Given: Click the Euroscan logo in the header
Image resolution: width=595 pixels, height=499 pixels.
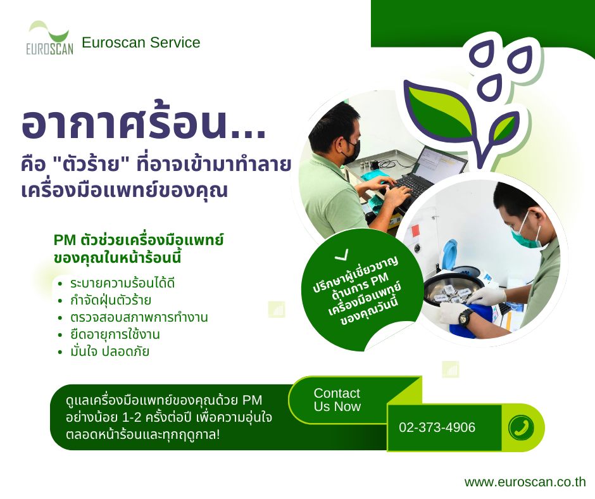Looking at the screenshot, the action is [x=50, y=38].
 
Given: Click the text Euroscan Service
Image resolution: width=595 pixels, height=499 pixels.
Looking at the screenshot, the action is [x=141, y=42].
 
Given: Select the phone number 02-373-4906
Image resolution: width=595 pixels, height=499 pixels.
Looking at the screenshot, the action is [x=437, y=427].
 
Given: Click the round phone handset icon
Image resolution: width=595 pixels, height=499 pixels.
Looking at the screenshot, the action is [x=521, y=427].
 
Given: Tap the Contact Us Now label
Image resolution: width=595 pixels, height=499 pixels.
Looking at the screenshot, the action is [x=337, y=400].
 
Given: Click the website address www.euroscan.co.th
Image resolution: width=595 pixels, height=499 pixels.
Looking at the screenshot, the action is [x=525, y=482].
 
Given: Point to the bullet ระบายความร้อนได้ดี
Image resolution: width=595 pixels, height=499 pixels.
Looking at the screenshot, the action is [x=122, y=283].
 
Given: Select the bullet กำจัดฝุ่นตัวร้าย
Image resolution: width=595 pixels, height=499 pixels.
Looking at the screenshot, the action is [x=110, y=300].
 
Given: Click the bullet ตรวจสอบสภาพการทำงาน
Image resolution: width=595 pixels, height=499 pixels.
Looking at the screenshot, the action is [x=139, y=317].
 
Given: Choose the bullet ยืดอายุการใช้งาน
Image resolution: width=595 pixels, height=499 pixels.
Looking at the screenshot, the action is [x=115, y=334].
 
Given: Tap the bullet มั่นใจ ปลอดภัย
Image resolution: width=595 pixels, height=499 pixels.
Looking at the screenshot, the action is [x=110, y=351].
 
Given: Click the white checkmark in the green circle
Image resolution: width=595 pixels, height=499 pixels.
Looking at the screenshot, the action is [x=342, y=255].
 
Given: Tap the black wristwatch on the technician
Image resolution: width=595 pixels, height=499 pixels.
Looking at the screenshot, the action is [x=466, y=317].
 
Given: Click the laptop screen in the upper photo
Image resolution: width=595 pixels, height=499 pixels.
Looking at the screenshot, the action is [x=442, y=161].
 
